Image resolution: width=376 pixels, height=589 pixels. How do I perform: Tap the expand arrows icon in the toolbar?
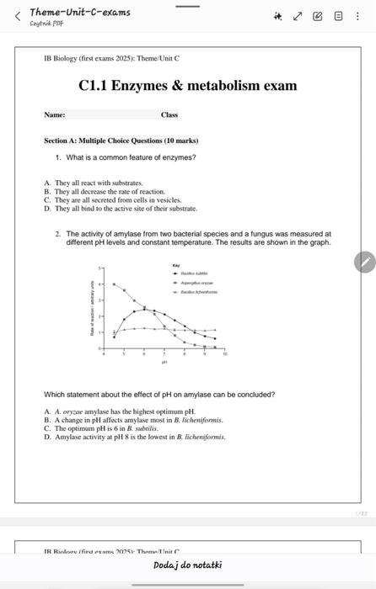(x=298, y=15)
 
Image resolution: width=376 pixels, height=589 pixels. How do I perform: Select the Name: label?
(x=55, y=114)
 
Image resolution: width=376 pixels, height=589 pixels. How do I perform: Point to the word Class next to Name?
(x=169, y=114)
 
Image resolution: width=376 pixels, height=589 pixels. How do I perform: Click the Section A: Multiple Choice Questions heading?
(x=121, y=141)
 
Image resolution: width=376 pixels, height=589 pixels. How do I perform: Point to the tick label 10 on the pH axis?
(x=224, y=356)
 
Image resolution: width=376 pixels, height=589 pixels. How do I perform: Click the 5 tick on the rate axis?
(x=102, y=268)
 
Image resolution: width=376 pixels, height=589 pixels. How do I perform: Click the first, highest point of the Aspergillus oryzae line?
(x=115, y=284)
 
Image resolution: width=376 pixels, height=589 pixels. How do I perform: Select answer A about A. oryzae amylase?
(x=119, y=411)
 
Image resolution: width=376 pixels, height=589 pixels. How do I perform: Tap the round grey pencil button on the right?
(x=363, y=262)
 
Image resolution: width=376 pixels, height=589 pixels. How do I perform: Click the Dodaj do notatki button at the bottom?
(x=188, y=565)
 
